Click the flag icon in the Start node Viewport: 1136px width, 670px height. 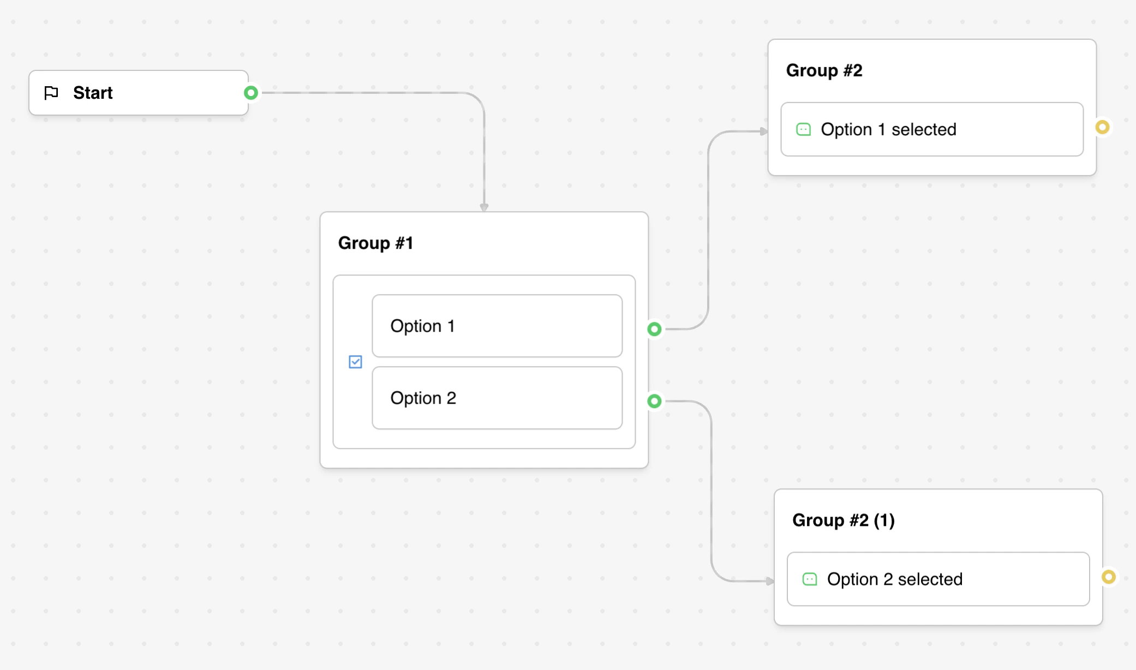tap(51, 93)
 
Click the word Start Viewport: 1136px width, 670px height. tap(93, 93)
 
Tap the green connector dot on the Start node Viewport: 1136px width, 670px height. tap(251, 93)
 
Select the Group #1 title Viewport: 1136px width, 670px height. tap(375, 243)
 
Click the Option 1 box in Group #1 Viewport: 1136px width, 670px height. tap(497, 326)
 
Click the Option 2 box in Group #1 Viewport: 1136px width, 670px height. tap(497, 398)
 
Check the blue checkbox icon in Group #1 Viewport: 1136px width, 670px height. tap(355, 362)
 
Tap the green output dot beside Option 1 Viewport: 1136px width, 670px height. tap(654, 329)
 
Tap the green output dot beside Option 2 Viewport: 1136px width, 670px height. tap(654, 401)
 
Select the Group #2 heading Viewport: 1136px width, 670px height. tap(824, 70)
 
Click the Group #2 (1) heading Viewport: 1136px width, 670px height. tap(843, 520)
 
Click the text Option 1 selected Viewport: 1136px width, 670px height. tap(888, 129)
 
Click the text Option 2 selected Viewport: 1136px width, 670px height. tap(894, 579)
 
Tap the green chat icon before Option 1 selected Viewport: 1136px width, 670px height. tap(803, 129)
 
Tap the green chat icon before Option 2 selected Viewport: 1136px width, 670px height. tap(810, 579)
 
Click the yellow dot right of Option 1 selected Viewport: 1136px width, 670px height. tap(1102, 127)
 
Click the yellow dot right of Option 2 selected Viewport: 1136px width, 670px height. tap(1108, 577)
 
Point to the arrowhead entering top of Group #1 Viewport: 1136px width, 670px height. tap(484, 207)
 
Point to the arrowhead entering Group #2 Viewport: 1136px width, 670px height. tap(764, 131)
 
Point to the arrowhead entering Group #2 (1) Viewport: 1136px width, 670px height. tap(770, 581)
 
